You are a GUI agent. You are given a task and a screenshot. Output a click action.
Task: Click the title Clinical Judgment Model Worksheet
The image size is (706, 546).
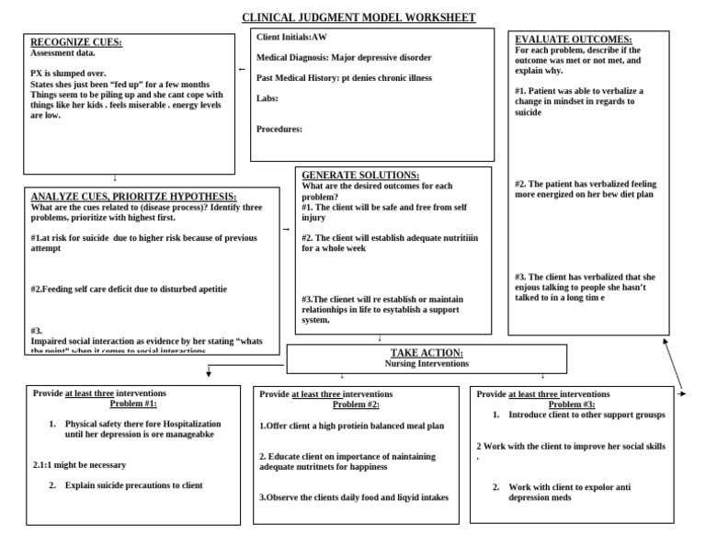[359, 17]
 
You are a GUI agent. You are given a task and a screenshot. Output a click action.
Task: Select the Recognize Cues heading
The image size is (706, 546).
[76, 42]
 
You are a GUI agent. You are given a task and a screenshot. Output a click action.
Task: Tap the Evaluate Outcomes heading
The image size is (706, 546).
[573, 40]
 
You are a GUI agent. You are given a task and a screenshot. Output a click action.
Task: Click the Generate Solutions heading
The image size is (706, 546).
[360, 175]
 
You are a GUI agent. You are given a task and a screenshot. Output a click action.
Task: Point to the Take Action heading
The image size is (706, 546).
[426, 353]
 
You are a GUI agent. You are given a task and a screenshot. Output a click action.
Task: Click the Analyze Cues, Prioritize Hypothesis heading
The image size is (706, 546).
[133, 197]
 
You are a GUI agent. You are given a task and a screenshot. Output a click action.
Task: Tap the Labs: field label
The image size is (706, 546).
[268, 97]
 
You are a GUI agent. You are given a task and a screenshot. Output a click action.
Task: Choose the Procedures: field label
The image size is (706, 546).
[279, 130]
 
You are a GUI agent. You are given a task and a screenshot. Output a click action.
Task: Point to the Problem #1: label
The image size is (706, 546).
[134, 404]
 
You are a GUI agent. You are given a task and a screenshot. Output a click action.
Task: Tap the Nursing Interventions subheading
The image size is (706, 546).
[426, 363]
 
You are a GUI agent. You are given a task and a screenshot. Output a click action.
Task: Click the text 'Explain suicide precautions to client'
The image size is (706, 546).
[133, 485]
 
